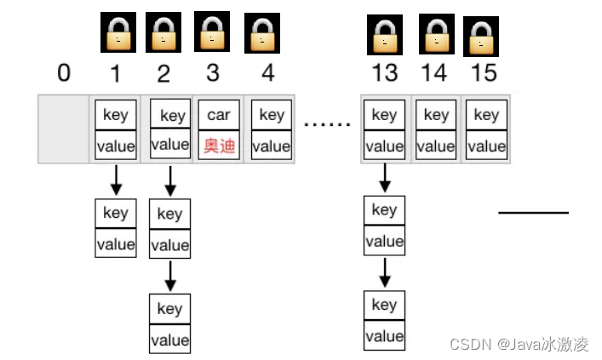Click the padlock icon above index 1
point(116,33)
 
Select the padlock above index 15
point(481,37)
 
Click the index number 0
point(63,73)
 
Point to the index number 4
point(268,73)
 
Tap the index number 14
point(433,73)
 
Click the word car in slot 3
point(219,115)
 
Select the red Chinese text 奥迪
point(219,146)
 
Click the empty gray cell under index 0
point(64,129)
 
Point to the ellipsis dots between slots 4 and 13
point(328,124)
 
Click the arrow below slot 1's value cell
point(116,179)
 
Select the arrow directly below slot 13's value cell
point(384,177)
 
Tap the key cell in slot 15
point(486,115)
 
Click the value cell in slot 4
point(272,146)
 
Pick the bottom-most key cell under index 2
point(169,309)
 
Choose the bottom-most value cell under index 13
point(384,335)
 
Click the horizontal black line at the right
point(533,212)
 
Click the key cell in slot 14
point(436,115)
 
